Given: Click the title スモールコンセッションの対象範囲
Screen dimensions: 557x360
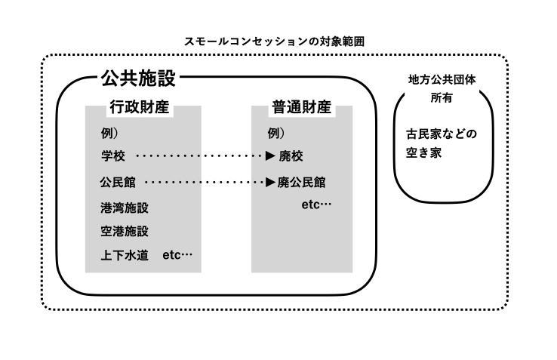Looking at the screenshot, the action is tap(274, 42).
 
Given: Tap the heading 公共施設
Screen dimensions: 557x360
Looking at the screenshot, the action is tap(138, 78).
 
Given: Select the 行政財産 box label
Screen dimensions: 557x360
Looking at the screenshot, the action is tap(139, 107).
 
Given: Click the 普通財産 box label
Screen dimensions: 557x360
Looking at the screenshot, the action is tap(301, 107).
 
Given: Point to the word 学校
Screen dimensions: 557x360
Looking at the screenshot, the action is tap(113, 155).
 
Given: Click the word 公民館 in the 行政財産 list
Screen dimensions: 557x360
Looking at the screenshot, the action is tap(118, 183).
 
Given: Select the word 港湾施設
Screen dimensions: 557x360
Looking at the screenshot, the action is tap(125, 208).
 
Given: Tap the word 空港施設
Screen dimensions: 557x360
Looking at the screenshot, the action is tap(125, 232).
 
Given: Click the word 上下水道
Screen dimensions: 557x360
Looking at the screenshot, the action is tap(125, 255).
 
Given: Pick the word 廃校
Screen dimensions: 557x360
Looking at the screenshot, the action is tap(291, 155).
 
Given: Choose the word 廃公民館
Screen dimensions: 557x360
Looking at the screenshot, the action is tap(301, 183).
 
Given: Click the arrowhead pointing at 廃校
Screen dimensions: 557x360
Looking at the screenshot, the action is tap(270, 155).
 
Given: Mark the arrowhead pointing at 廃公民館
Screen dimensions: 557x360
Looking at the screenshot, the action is tap(270, 183).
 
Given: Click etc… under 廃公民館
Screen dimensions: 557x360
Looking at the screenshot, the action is tap(316, 205).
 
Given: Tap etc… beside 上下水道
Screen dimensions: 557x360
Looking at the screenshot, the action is tap(177, 255).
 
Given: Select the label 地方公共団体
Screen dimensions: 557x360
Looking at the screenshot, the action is tap(442, 79).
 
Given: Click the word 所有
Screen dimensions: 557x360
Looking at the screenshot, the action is tap(442, 97).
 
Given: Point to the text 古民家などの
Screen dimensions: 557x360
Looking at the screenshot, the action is tap(442, 134).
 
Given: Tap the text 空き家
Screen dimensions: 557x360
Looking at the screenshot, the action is tap(423, 152).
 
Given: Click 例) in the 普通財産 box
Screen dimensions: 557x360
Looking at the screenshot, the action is tap(276, 134).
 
